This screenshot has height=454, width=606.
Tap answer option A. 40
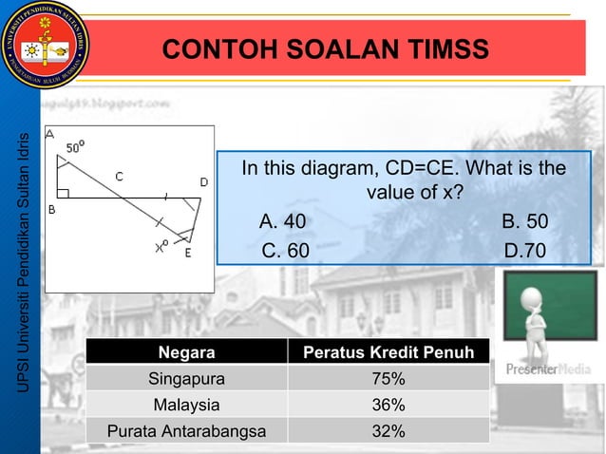point(283,223)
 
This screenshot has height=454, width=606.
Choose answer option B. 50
point(524,223)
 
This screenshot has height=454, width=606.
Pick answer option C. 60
point(285,251)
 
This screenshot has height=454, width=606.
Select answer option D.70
point(524,251)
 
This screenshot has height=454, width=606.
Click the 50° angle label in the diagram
point(75,147)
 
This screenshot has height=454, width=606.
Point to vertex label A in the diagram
point(49,134)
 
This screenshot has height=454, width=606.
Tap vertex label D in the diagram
point(203,182)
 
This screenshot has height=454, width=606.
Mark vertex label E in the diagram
point(188,254)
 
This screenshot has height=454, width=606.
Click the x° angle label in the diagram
point(162,248)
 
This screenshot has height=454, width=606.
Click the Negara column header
point(186,354)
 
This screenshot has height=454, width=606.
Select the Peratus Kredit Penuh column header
point(388,354)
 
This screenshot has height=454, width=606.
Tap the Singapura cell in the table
point(186,380)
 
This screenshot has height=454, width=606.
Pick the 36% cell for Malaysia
point(388,406)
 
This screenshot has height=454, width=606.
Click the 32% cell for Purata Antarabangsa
point(388,431)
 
